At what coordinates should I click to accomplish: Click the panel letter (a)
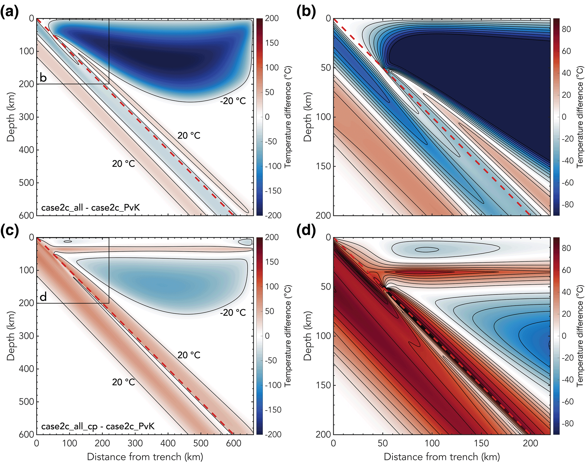[9, 12]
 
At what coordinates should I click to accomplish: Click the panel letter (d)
[306, 231]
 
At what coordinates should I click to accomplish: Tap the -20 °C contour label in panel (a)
[233, 101]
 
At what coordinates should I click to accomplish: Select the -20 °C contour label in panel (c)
[233, 313]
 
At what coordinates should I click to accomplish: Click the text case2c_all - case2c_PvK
[90, 208]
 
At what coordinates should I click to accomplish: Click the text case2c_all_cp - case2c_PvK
[98, 426]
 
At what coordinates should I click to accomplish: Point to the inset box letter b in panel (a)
[43, 78]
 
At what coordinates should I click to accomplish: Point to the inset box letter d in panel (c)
[43, 297]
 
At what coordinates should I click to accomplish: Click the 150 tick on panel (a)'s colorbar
[272, 43]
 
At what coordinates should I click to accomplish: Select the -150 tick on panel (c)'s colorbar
[273, 410]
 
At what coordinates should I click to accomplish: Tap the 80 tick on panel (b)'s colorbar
[566, 29]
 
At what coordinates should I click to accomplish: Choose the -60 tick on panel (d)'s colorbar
[567, 402]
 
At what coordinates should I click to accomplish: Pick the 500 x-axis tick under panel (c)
[201, 443]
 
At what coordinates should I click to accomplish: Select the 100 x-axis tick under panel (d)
[432, 443]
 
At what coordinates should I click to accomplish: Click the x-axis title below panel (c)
[145, 457]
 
